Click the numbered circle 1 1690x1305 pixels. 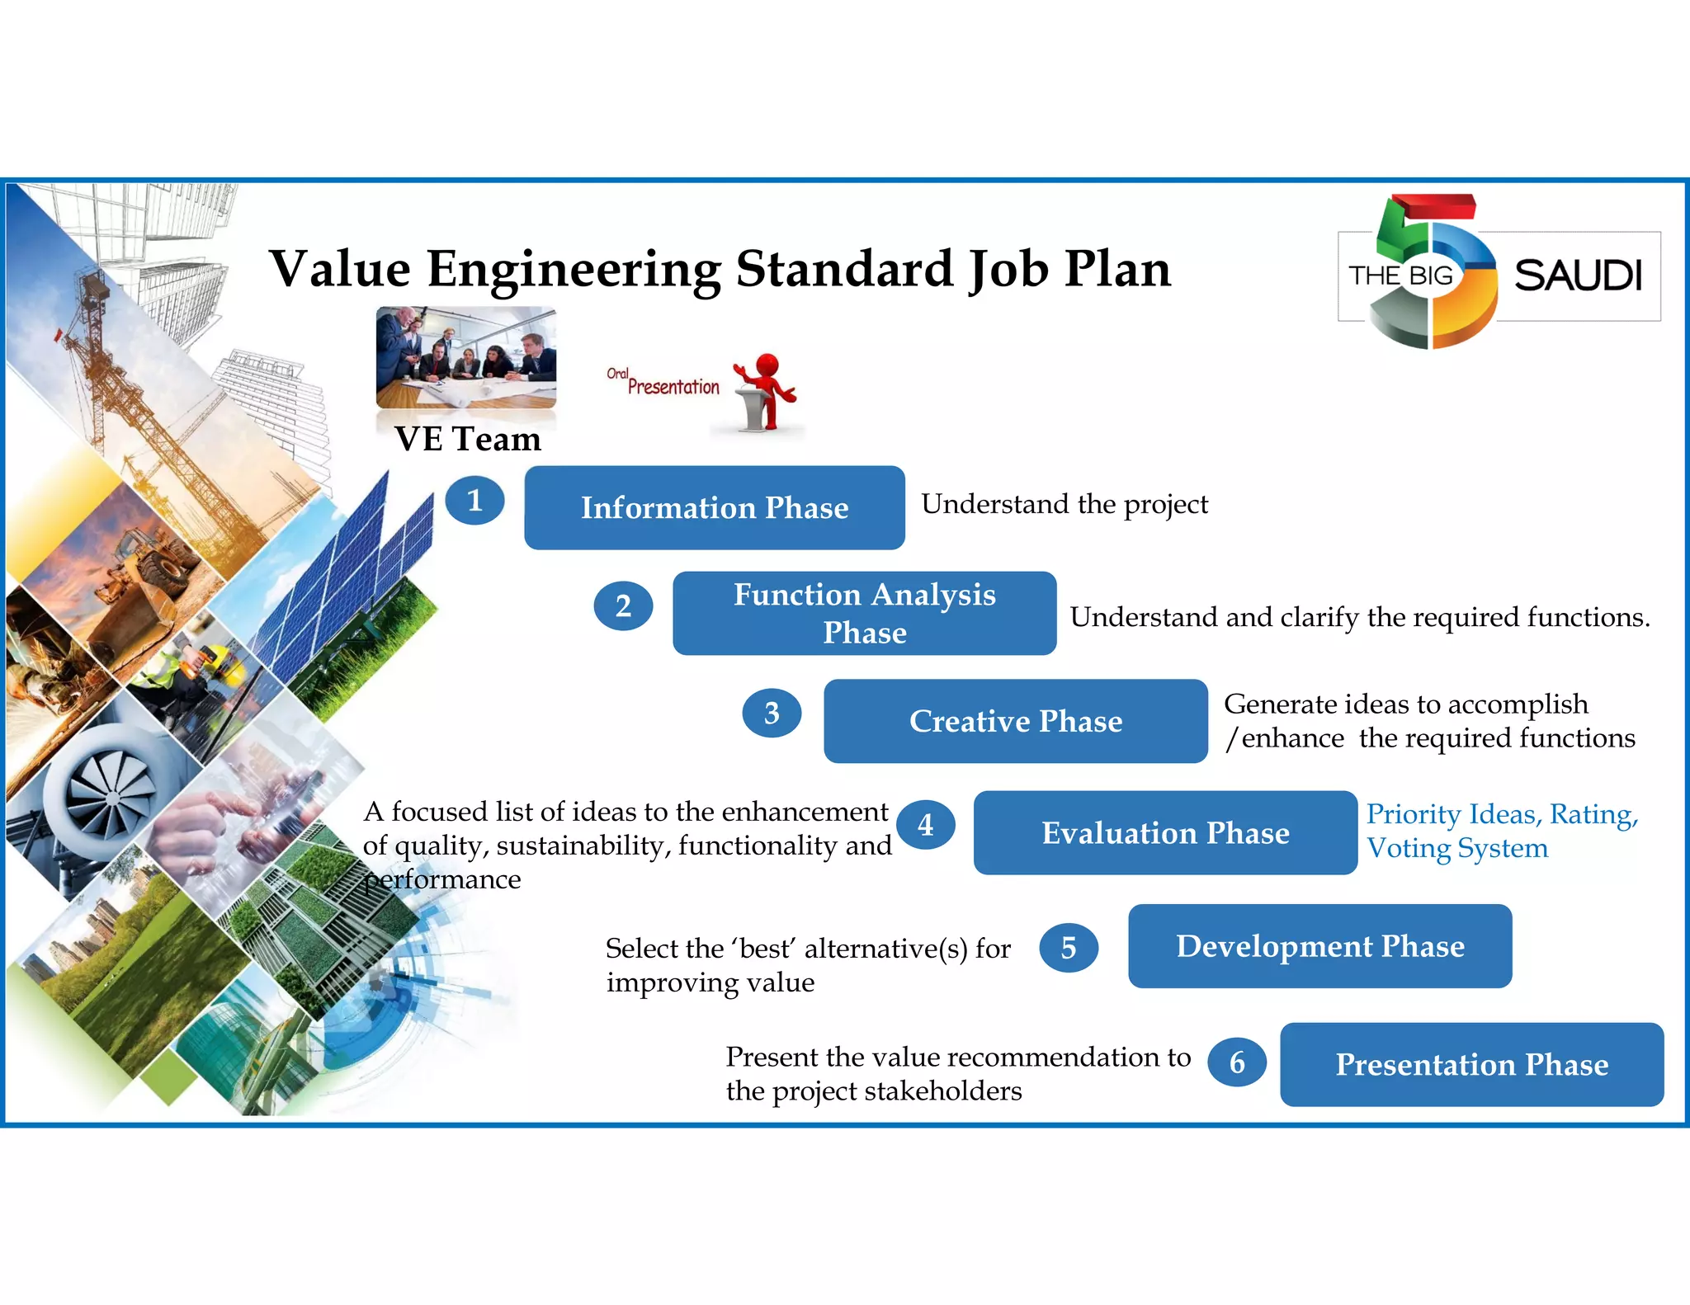(474, 501)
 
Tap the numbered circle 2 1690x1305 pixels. (623, 606)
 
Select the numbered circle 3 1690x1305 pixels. (772, 714)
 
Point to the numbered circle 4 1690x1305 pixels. (926, 825)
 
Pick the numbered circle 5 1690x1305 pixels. (1069, 948)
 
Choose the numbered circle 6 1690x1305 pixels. (1237, 1062)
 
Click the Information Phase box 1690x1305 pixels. (715, 508)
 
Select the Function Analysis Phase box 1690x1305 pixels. (864, 614)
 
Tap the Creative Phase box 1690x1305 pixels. (1015, 721)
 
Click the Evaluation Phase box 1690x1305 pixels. (1165, 833)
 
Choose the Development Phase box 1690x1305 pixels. (1319, 946)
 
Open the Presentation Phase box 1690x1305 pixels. (1471, 1065)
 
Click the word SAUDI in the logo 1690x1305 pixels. (1578, 276)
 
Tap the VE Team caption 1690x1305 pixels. (468, 439)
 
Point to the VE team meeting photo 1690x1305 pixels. (466, 356)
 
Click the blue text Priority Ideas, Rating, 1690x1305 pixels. (1502, 814)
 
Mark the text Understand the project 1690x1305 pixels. (1065, 504)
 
